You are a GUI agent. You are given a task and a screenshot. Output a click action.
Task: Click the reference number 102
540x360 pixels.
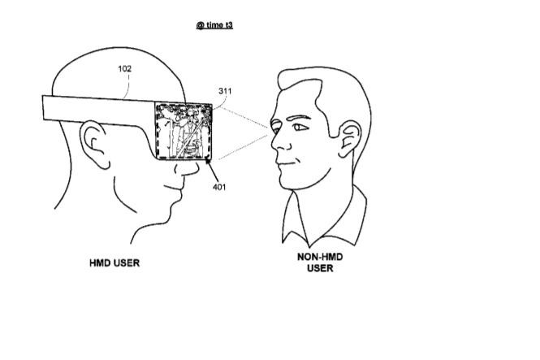coord(125,68)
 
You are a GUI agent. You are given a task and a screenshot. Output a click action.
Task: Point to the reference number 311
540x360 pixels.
coord(225,91)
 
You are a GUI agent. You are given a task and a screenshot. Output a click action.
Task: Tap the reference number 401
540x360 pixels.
coord(219,187)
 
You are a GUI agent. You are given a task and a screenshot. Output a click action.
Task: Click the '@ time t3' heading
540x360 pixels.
coord(214,25)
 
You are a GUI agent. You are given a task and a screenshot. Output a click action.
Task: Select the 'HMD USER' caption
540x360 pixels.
coord(114,262)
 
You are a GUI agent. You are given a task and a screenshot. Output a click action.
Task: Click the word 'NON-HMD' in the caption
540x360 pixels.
coord(320,257)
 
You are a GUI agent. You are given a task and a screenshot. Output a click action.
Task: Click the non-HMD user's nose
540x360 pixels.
coord(279,142)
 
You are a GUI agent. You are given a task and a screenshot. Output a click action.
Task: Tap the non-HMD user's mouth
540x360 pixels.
coord(287,163)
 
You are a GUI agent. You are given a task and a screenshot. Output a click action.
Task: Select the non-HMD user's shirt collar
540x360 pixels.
coord(324,216)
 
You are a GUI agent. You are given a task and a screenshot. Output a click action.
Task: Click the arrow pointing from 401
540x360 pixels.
coord(211,169)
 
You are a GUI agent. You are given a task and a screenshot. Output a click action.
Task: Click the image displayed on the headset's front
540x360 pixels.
coord(184,131)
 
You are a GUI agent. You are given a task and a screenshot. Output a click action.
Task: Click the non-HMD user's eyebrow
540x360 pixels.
coord(299,118)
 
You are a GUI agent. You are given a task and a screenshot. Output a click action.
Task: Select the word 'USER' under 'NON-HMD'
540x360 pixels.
coord(320,268)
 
